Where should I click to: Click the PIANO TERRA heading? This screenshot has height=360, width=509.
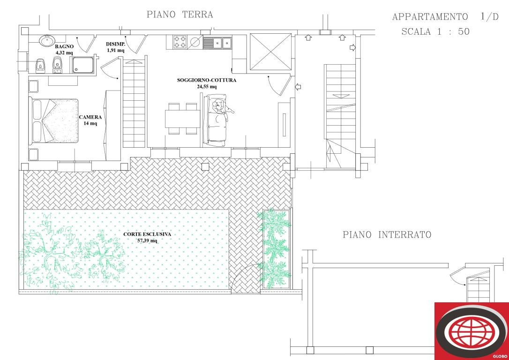tap(180, 15)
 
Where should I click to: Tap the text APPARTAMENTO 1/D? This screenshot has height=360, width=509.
tap(445, 17)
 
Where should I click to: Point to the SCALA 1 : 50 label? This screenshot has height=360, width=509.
tap(435, 31)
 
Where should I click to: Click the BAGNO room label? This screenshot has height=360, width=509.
tap(64, 46)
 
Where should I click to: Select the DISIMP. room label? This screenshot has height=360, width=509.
tap(115, 44)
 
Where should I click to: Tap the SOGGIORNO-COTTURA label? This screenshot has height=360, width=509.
tap(206, 80)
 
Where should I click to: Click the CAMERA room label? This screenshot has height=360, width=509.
tap(90, 117)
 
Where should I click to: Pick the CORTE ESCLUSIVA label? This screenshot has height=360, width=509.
tap(147, 234)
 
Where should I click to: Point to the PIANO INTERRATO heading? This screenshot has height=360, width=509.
tap(387, 234)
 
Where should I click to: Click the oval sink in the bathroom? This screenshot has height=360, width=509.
tap(47, 41)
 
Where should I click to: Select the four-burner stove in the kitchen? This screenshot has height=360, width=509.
tap(180, 42)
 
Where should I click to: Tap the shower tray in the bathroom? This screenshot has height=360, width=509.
tap(83, 65)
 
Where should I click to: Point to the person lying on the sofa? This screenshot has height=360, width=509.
tap(221, 107)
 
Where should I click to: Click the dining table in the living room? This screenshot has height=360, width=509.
tap(182, 119)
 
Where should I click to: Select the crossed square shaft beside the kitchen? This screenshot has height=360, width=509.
tap(271, 52)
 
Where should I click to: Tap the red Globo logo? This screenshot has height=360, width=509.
tap(472, 331)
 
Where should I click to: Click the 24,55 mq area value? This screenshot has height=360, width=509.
tap(206, 87)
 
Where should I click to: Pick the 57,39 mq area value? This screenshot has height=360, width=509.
tap(147, 240)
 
